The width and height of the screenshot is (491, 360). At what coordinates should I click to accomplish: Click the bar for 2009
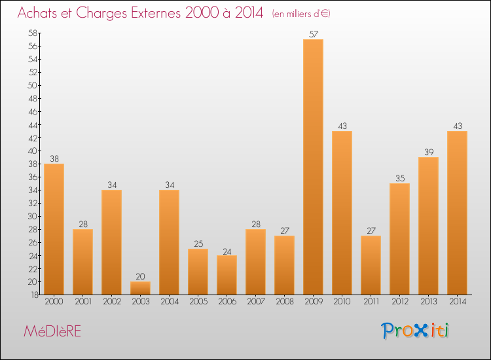313,167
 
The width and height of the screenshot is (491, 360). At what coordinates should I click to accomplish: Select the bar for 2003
140,288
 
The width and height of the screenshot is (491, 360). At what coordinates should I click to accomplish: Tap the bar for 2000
54,229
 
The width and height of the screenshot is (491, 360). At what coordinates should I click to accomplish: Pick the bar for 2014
457,213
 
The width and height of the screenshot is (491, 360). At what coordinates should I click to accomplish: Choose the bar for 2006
227,275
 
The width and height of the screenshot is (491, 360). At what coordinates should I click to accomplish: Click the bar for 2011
371,265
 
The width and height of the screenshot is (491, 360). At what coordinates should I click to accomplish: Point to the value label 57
313,34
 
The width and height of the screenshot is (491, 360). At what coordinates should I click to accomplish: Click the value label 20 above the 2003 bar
140,276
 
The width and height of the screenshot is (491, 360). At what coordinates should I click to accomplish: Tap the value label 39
428,152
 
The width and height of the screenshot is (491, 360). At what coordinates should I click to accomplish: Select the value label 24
227,250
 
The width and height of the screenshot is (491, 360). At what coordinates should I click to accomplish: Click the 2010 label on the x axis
342,301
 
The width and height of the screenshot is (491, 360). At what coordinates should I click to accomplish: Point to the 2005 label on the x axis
198,301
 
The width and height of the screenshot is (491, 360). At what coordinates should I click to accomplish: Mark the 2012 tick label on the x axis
399,301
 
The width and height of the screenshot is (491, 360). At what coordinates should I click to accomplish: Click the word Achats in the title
39,13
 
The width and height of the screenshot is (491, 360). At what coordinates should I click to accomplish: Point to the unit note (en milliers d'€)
301,14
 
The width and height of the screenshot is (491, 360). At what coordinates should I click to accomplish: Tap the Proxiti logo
415,331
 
